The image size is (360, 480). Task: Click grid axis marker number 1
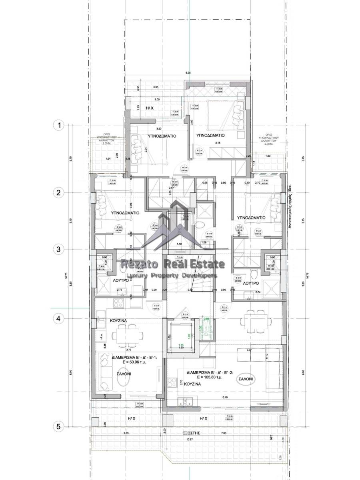click(x=59, y=125)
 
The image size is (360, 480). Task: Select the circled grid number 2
click(x=59, y=192)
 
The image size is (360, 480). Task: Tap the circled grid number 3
click(x=59, y=249)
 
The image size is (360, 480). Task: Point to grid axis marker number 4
click(x=59, y=319)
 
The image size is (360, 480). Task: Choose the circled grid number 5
click(x=59, y=426)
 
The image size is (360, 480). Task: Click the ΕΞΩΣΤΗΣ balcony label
click(x=190, y=433)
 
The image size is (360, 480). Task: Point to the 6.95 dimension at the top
click(x=188, y=73)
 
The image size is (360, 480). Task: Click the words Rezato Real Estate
click(x=172, y=264)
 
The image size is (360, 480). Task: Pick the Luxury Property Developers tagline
click(x=172, y=276)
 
